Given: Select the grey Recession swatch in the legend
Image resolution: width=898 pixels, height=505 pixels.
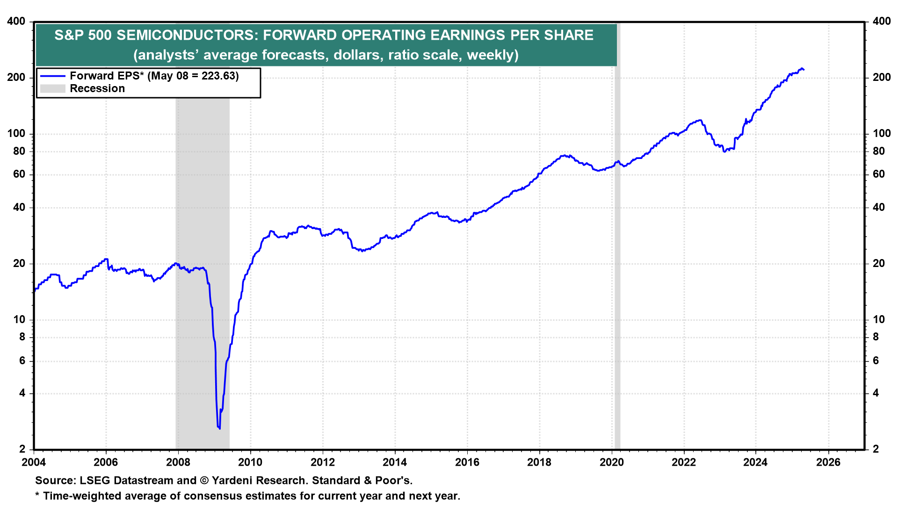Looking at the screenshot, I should coord(52,89).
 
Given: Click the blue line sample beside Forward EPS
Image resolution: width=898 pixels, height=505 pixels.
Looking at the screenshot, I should coord(52,76).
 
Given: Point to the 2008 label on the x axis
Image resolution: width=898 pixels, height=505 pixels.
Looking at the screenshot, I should coord(178,462).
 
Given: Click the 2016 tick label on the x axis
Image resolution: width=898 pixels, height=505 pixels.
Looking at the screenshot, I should coord(467,462).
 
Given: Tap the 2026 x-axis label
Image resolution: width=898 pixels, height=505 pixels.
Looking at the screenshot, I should coord(828,462).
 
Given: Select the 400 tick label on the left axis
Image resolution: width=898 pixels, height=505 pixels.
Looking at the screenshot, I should coord(16,22).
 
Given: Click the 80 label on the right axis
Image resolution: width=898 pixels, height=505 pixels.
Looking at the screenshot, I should coord(878,151).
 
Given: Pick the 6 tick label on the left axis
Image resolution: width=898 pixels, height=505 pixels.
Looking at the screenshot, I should coord(22,361).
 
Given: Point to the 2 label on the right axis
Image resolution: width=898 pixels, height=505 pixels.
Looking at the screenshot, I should coord(876,449).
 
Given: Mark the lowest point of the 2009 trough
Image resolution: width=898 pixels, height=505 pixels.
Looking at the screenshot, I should coord(219,428).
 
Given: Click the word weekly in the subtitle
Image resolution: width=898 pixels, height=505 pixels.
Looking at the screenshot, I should coord(491,55).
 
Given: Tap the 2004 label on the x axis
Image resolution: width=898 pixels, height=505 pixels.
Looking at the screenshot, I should coord(34,462).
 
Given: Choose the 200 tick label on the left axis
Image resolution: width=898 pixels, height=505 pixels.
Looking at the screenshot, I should coord(16,78).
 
